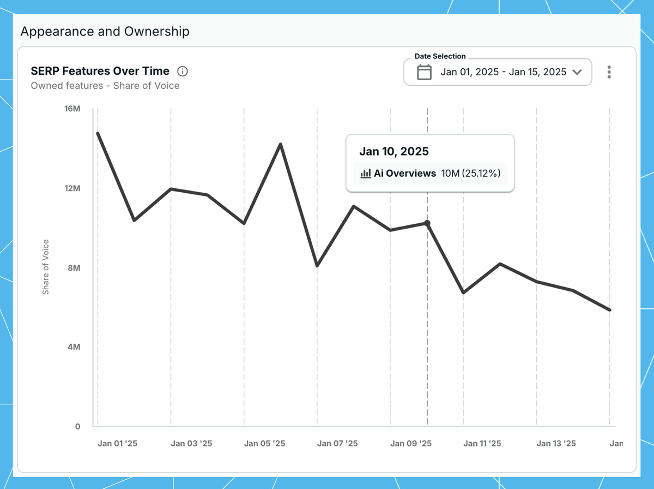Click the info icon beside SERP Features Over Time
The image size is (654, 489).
(183, 71)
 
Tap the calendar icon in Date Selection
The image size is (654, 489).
(424, 72)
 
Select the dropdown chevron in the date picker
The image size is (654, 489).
(578, 72)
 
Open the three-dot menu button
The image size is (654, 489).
(609, 72)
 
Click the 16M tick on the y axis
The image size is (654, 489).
(72, 109)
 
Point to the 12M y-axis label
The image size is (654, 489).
(72, 188)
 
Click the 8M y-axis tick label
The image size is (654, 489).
(73, 268)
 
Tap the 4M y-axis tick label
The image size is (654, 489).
(73, 347)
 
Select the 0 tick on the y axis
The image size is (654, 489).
(78, 427)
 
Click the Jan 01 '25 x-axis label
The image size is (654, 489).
(117, 444)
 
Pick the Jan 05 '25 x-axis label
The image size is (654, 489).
(264, 444)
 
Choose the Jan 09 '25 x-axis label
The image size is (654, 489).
(411, 444)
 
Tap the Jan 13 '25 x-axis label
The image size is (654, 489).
(556, 444)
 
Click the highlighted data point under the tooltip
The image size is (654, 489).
(427, 223)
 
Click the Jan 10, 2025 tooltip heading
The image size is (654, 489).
(394, 152)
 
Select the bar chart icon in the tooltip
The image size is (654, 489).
(366, 174)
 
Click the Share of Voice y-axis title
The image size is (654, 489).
(46, 267)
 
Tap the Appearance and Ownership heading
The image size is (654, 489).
(105, 32)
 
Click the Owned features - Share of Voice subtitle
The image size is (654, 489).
(105, 86)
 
